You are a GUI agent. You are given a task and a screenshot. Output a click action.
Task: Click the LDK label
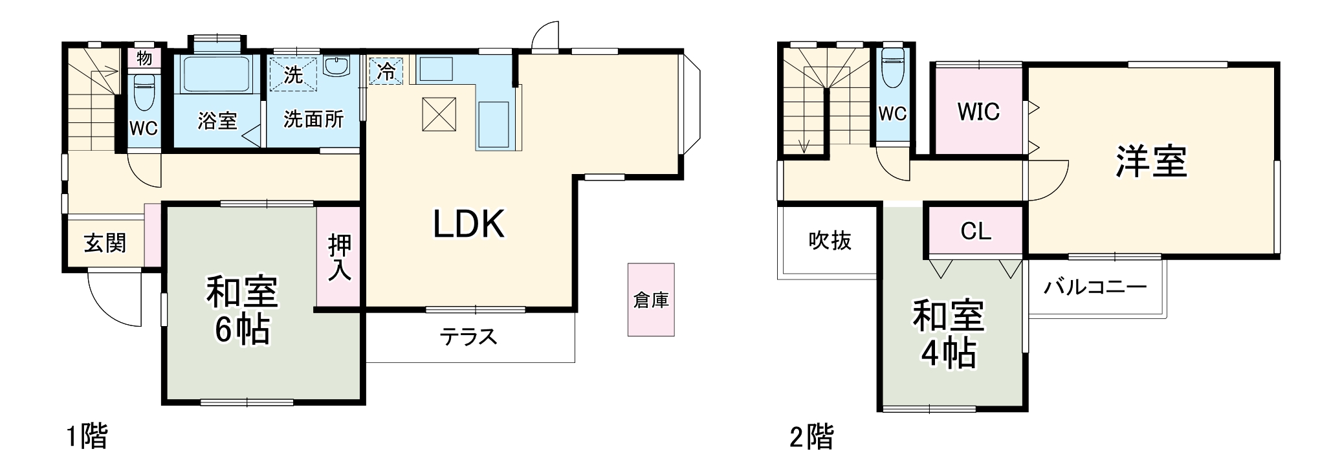click(x=468, y=225)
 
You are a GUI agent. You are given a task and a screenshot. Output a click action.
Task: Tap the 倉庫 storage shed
click(x=651, y=300)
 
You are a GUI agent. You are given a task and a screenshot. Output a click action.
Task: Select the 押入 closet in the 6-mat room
click(x=339, y=257)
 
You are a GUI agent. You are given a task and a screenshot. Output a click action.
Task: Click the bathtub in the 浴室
click(x=216, y=75)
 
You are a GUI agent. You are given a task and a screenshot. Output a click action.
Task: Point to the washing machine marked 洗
click(x=293, y=74)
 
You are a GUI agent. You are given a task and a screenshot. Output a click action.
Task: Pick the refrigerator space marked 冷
click(x=386, y=71)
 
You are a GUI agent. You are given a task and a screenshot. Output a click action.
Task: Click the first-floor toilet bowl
click(x=144, y=91)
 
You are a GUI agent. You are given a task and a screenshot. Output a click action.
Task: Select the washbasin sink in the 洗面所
click(x=336, y=66)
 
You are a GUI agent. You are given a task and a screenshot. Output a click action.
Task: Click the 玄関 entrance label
click(x=105, y=243)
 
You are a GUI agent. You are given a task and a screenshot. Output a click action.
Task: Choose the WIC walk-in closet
click(x=978, y=111)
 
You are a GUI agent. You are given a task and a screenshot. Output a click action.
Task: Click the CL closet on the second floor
click(x=976, y=230)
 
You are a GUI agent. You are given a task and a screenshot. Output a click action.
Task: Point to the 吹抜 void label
click(x=830, y=241)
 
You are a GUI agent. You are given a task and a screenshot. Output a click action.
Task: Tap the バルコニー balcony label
click(x=1095, y=287)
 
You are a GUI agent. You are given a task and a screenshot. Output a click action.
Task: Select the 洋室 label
click(x=1151, y=161)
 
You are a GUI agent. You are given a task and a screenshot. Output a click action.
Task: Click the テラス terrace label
click(x=468, y=336)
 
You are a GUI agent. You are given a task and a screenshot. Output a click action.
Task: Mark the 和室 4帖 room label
click(x=949, y=334)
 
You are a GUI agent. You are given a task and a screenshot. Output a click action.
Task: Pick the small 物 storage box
click(x=144, y=58)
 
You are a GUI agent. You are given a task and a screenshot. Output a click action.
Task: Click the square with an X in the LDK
click(x=439, y=115)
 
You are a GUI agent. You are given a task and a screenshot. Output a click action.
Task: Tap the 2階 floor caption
click(x=811, y=437)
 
